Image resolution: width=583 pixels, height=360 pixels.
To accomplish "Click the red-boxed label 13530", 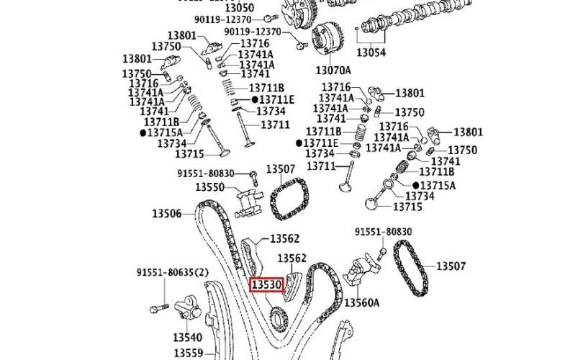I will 266,286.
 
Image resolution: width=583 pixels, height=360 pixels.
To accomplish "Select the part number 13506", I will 168,213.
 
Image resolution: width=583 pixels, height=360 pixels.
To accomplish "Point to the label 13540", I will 187,336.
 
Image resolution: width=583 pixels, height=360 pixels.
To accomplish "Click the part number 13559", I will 189,354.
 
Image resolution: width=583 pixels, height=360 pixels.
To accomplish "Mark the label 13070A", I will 333,70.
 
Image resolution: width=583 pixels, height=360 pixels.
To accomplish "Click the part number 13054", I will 371,53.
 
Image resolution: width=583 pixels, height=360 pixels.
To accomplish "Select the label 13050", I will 259,7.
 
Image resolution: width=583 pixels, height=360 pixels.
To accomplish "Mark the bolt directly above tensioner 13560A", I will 382,252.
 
